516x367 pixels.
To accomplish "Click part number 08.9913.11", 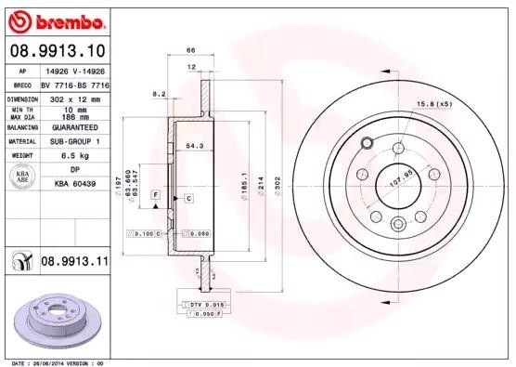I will click(x=74, y=263).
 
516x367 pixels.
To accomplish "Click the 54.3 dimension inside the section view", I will click(x=195, y=145).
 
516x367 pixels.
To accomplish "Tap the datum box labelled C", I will click(x=187, y=199).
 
